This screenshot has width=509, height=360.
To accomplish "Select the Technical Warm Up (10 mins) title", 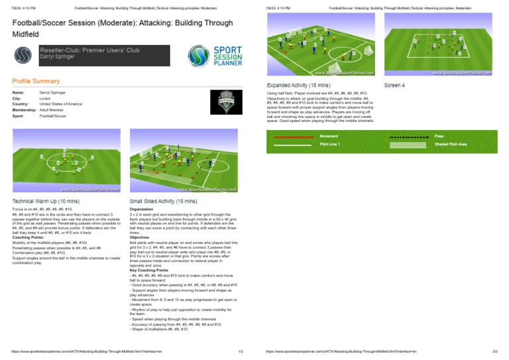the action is point(46,201).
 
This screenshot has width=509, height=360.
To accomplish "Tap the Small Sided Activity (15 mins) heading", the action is point(163,201).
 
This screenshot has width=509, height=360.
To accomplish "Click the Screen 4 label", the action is point(394,86).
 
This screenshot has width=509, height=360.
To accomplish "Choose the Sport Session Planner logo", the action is point(213,54).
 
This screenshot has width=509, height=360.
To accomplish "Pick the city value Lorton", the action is point(46,98).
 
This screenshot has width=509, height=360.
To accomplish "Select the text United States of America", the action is point(60,104).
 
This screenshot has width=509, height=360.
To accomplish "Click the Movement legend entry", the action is point(329,136).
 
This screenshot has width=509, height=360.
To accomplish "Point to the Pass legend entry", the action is point(439,136).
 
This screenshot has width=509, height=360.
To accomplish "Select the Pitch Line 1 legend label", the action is point(330,143).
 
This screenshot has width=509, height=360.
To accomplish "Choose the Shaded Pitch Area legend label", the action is point(451,143).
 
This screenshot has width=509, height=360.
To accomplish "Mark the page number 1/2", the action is point(240,351).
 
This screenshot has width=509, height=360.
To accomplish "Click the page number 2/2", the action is point(494,351).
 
